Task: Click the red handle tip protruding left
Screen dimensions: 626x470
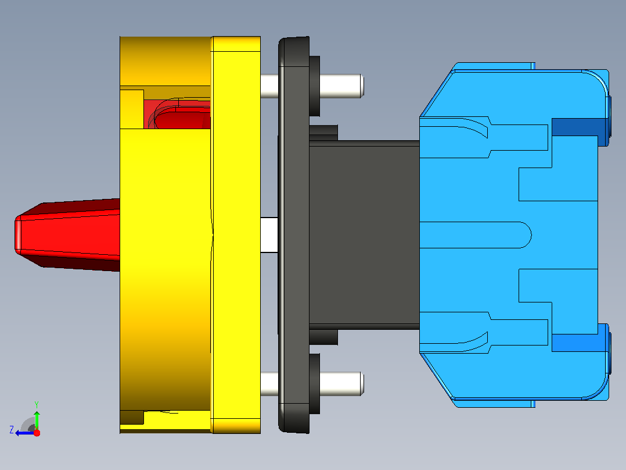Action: (17, 235)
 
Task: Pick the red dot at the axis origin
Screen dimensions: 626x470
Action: (37, 433)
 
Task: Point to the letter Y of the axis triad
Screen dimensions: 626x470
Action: (37, 404)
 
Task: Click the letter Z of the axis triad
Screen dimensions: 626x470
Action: (12, 430)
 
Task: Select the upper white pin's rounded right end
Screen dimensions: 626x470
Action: (361, 86)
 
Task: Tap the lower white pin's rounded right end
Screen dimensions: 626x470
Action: (361, 383)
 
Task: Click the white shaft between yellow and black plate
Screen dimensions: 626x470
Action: (269, 235)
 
